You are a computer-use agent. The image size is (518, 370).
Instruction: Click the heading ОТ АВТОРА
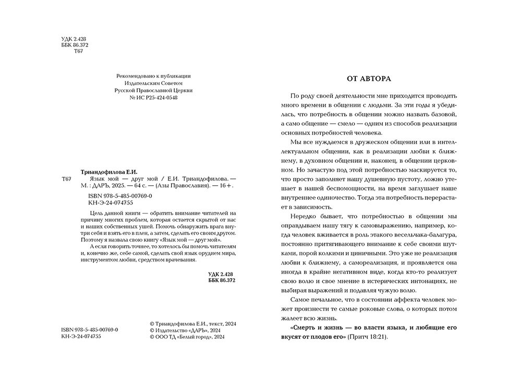point(369,79)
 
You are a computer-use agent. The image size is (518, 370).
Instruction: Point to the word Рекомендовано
point(135,76)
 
